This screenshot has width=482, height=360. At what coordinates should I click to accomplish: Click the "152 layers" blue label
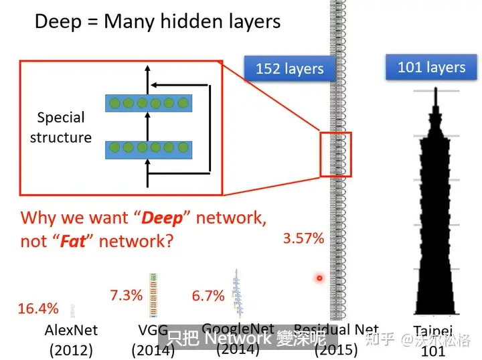pos(289,69)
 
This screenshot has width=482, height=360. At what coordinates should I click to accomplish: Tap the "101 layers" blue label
pos(431,68)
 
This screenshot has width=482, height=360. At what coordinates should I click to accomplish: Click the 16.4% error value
pos(38,308)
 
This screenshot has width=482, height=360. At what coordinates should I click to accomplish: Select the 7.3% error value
pos(126,294)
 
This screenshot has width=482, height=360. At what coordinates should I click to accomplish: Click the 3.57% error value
pos(303,238)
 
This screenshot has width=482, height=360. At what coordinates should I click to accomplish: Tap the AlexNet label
pos(71,330)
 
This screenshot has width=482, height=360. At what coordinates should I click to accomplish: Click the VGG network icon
pos(153,295)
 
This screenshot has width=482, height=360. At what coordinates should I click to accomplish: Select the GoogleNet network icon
pos(236,293)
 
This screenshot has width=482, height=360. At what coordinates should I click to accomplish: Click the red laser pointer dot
pos(320,278)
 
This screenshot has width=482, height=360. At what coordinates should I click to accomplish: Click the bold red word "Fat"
pos(73,241)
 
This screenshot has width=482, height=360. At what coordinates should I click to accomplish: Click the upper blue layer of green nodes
pos(149,103)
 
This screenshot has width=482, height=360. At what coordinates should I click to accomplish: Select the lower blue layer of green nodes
pos(149,149)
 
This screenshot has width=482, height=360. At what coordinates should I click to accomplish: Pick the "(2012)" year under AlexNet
pos(71,349)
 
